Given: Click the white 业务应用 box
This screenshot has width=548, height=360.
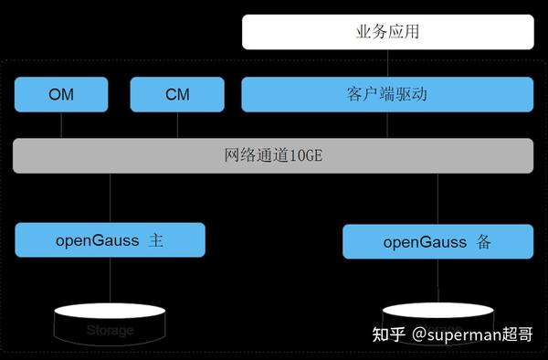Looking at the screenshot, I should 387,33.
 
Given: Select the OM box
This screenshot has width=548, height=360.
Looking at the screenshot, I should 60,93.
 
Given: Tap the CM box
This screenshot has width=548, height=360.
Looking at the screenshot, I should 176,93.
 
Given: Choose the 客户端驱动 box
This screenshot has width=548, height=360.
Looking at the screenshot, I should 387,93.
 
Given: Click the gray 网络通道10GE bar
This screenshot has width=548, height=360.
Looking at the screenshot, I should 273,156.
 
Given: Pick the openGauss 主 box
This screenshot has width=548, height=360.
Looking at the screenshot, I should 110,240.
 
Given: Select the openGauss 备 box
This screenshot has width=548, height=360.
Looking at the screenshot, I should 437,242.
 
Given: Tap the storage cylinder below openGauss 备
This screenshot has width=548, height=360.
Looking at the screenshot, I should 437,315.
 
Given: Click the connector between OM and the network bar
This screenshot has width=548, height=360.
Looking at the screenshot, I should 60,124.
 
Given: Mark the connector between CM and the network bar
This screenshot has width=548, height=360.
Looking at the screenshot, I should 176,124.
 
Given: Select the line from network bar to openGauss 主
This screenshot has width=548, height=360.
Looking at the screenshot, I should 111,198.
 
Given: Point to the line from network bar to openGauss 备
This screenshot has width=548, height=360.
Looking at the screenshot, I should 437,199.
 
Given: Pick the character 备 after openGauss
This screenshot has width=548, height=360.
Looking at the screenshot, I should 484,242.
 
